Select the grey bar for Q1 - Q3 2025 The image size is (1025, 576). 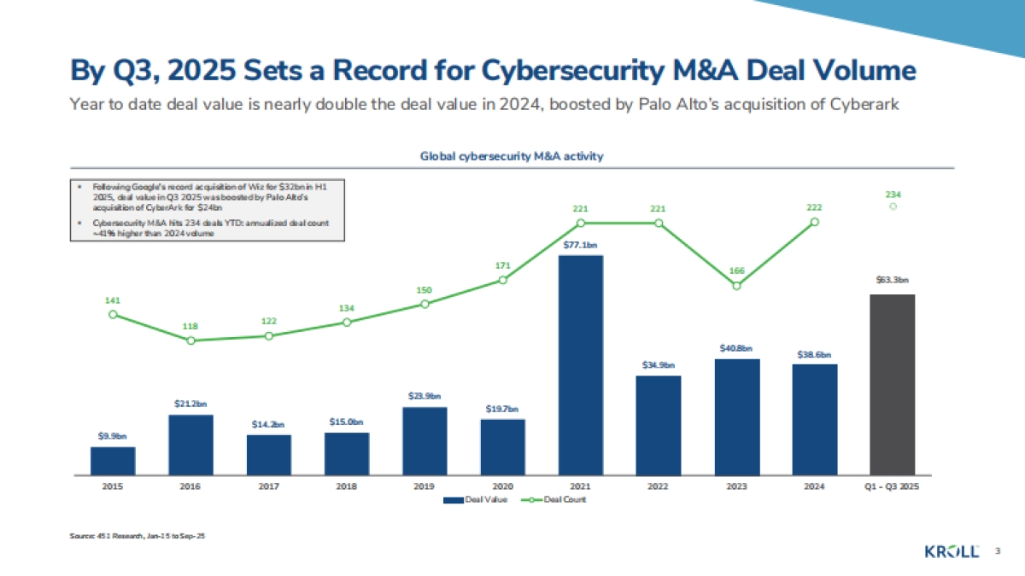point(892,384)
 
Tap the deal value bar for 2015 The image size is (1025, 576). point(113,460)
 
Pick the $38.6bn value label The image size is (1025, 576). point(814,354)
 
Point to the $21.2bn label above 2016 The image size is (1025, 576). point(190,404)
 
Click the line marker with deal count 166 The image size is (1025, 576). point(736,285)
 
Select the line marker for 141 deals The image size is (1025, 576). point(113,314)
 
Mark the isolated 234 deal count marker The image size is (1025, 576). point(892,206)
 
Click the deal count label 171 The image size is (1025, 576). point(502,266)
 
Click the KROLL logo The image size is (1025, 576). point(952,551)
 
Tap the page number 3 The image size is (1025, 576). point(997,552)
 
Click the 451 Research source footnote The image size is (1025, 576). point(138,535)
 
